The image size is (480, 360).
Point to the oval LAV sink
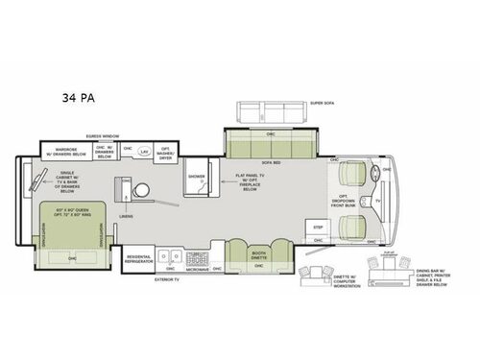[x=143, y=152]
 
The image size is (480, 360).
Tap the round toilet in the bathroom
[x=140, y=189]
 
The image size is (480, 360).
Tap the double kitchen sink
[x=170, y=257]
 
